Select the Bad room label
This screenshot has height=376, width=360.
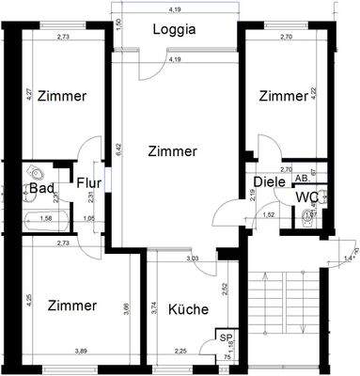tap(41, 188)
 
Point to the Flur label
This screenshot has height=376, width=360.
tap(89, 183)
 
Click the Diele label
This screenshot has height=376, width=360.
tap(269, 182)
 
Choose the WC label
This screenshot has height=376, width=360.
tap(307, 196)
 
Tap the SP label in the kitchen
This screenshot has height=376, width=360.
tap(226, 336)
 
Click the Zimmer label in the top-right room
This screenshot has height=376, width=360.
tap(283, 96)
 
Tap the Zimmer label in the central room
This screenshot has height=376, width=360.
tap(173, 150)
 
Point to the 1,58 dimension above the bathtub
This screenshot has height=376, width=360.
tap(45, 217)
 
